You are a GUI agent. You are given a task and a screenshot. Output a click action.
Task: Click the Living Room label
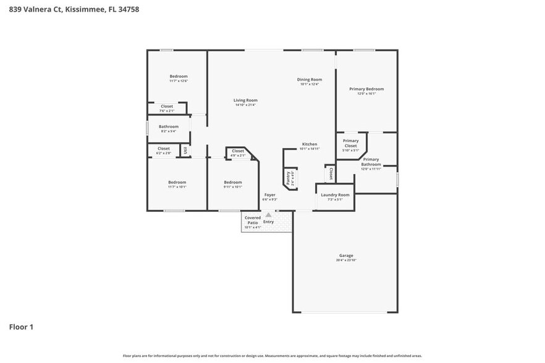point(245,100)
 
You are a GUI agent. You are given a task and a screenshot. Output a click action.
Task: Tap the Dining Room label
point(310,79)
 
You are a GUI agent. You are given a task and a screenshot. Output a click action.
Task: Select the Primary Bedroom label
point(366,89)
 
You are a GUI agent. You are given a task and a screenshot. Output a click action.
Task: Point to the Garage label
point(346,256)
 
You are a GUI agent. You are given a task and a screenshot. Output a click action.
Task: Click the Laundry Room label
point(335,194)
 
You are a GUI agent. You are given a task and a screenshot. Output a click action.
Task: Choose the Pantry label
point(288,178)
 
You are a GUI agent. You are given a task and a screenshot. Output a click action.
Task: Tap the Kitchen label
point(310,144)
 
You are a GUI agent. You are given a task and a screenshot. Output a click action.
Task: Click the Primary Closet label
point(350,143)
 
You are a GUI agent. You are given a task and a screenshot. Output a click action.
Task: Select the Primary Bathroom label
point(371,162)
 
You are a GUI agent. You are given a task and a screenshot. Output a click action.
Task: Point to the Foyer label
point(270,194)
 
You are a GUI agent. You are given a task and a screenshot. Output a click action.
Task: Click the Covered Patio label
point(253,220)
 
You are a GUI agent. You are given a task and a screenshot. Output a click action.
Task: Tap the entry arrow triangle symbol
point(269,214)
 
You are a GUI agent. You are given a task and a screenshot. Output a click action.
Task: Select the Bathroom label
point(168,127)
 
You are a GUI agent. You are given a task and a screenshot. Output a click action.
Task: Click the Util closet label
point(185,150)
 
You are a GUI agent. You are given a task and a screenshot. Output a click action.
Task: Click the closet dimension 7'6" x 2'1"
point(167,111)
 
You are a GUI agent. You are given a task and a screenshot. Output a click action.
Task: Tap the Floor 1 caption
point(21,327)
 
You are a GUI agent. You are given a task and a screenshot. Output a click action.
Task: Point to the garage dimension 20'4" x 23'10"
point(346,261)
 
